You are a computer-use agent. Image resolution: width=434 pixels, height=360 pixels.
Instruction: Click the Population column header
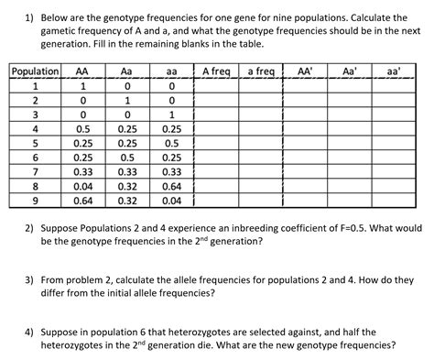click(35, 71)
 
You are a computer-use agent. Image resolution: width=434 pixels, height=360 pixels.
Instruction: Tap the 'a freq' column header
click(261, 71)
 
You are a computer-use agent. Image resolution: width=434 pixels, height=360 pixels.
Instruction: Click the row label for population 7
click(35, 171)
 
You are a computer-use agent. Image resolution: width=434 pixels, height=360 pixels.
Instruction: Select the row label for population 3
click(35, 115)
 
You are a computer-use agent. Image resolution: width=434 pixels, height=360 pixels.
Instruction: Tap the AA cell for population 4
click(83, 129)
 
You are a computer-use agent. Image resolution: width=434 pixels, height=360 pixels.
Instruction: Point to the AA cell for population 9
click(83, 201)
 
